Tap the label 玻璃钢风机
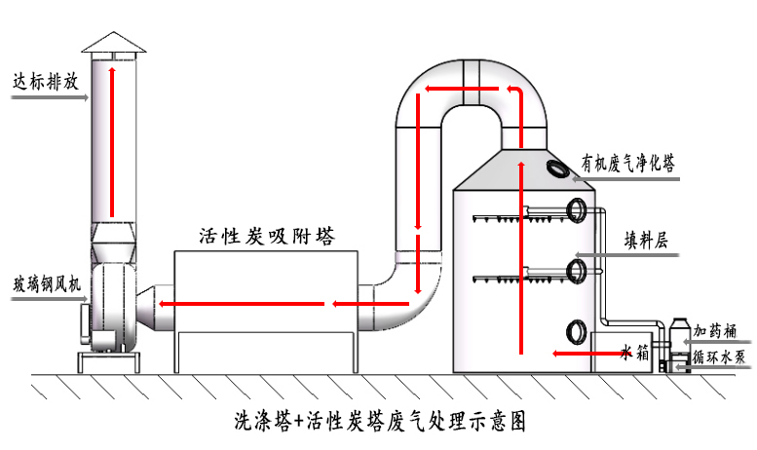click(x=45, y=282)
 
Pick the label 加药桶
click(x=718, y=333)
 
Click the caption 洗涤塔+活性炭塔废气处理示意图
click(x=380, y=423)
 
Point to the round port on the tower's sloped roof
click(x=560, y=168)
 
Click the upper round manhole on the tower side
click(x=577, y=209)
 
